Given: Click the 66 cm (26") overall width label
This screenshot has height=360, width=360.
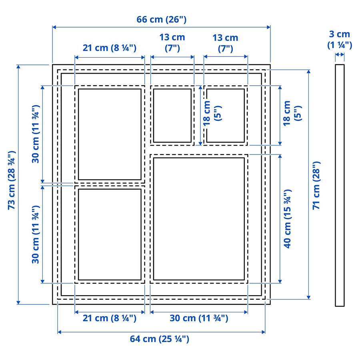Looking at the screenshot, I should coord(162,19).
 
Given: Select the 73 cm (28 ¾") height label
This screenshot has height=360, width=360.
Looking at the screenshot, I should coord(12,180).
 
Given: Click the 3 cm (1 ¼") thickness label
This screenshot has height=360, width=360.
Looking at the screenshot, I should coord(340,40).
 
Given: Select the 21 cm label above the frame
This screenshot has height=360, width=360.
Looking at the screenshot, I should coord(110,48).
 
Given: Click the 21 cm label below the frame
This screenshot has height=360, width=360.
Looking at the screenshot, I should coord(110,318).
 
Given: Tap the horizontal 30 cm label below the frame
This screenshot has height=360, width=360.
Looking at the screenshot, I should coord(199,318).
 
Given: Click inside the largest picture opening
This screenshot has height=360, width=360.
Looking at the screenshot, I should coord(199,219).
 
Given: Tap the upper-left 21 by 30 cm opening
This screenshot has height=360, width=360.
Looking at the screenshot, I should coord(110,134).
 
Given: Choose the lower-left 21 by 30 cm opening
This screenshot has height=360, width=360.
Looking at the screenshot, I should coord(110,234).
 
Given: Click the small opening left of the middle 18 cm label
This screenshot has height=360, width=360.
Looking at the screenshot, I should coord(172,115).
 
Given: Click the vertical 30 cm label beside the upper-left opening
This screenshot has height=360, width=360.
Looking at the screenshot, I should coord(36,134).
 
